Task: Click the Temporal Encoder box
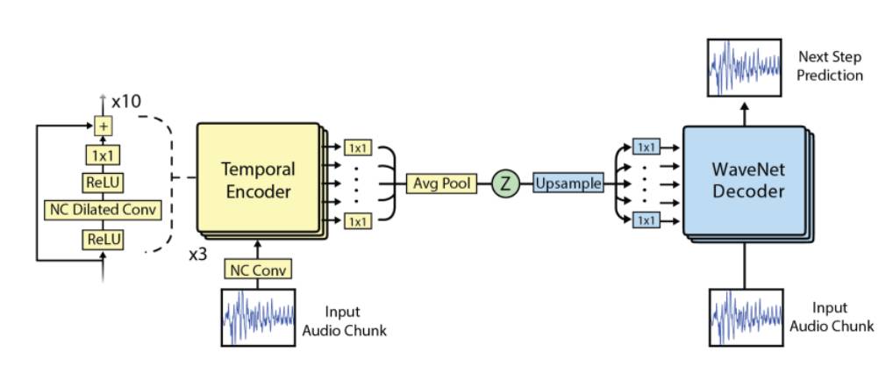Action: (x=256, y=179)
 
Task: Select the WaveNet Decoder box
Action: (x=743, y=180)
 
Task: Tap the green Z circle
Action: (x=504, y=183)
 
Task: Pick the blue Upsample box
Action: (x=568, y=183)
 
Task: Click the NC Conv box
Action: (x=258, y=270)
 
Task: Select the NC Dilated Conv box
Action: (x=104, y=210)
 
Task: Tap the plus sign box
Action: (x=104, y=126)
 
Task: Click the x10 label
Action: (x=126, y=102)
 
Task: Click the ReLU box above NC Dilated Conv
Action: (x=104, y=182)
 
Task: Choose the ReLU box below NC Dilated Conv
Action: (x=104, y=238)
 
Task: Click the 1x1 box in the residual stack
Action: (x=104, y=155)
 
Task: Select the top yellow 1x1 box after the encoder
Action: (x=358, y=147)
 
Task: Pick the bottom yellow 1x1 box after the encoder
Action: (x=358, y=221)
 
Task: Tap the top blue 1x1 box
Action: (x=646, y=147)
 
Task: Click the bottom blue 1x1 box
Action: (x=646, y=220)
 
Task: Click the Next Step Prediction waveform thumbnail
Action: (x=744, y=68)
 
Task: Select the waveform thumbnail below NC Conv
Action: (x=258, y=316)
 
